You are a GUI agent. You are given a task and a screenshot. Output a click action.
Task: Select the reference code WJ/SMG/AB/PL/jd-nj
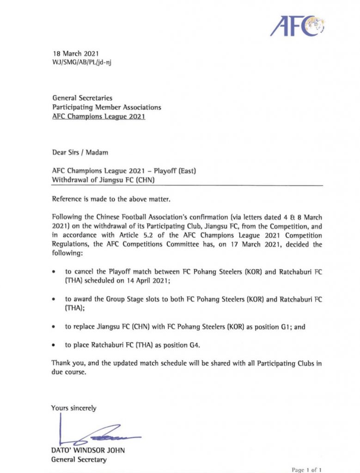coord(81,61)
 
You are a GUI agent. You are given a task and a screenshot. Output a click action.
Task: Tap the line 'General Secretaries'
coord(82,98)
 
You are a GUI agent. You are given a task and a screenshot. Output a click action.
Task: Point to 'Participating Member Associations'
coord(106,107)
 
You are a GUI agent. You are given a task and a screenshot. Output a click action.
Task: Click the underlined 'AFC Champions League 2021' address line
coord(99,116)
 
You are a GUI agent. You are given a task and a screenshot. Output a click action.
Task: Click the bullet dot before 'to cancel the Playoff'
coord(55,273)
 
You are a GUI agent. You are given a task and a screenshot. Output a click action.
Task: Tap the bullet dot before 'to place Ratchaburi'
coord(55,345)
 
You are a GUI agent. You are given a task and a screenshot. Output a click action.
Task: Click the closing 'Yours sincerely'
coord(74,408)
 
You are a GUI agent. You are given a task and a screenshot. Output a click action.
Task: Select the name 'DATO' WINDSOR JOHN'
coord(88,450)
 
